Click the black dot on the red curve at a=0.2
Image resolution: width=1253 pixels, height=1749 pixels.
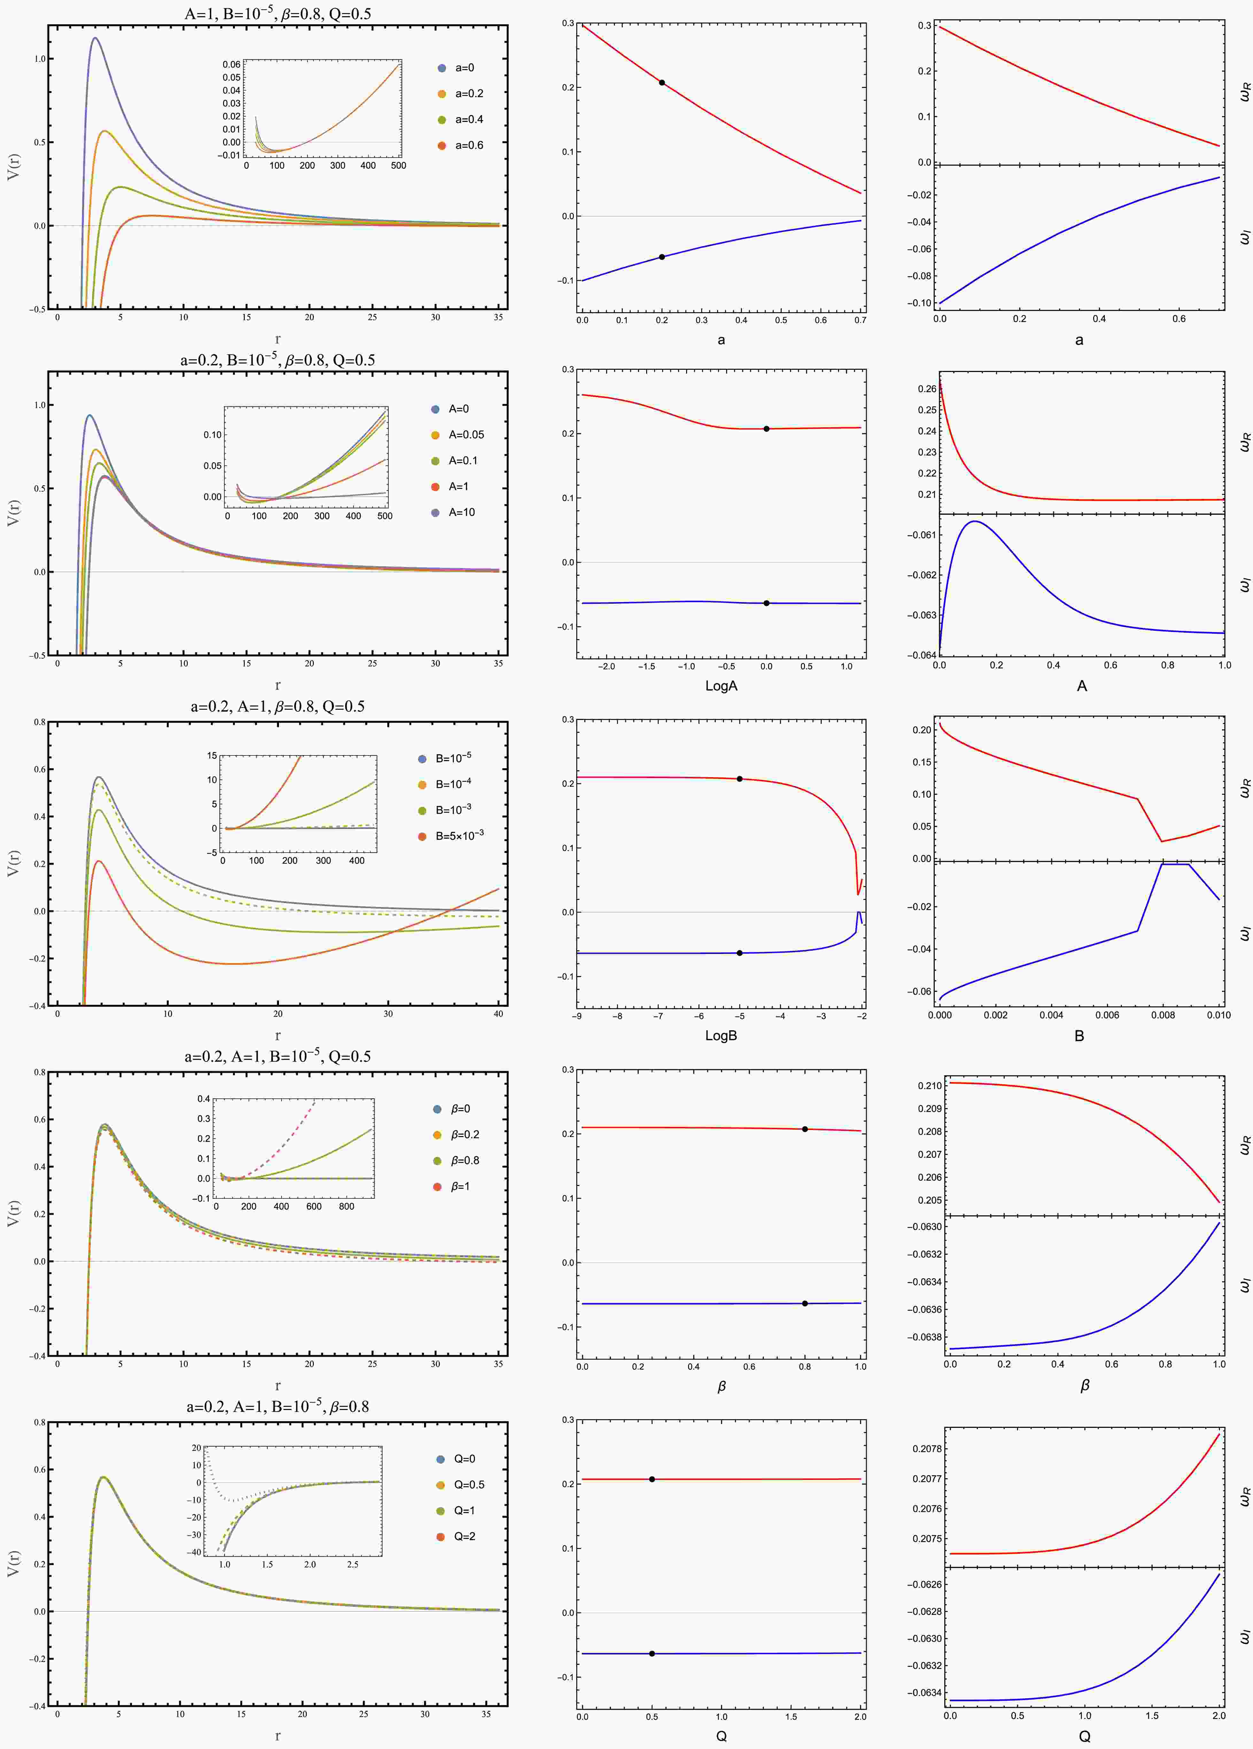(x=661, y=82)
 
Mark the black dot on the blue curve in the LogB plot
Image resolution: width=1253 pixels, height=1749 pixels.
(x=739, y=953)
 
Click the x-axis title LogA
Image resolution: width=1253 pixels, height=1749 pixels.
(x=721, y=685)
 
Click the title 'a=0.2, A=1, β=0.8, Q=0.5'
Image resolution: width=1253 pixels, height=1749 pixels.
(x=278, y=706)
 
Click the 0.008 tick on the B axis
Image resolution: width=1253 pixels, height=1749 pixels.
(x=1163, y=1015)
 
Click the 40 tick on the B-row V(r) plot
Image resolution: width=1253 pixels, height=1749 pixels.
(x=498, y=1013)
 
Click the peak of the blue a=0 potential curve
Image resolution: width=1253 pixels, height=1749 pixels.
(x=95, y=38)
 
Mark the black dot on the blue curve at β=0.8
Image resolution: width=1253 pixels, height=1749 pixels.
(x=805, y=1303)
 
